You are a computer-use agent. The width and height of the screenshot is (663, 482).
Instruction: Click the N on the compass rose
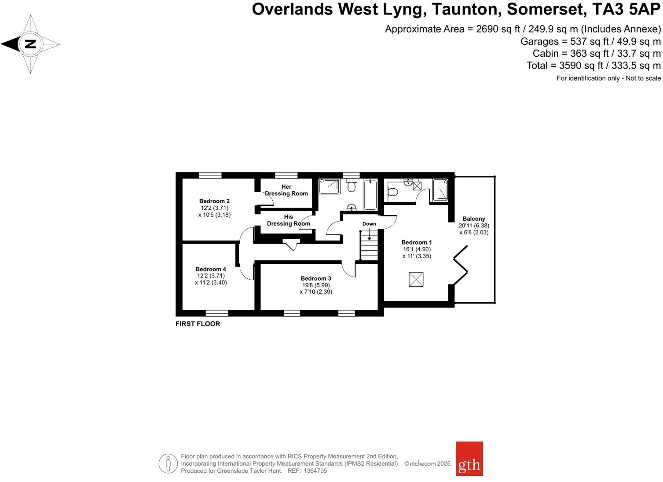tap(30, 44)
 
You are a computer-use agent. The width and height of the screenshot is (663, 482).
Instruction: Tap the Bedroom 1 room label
tap(416, 242)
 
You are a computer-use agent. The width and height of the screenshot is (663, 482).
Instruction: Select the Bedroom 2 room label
tap(214, 201)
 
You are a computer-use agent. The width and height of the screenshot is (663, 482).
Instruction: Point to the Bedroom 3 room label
tap(315, 278)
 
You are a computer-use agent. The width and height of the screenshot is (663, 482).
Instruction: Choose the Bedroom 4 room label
tap(211, 269)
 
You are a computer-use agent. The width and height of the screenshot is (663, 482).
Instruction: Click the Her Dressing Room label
tap(286, 190)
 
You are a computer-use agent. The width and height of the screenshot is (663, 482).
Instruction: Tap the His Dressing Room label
tap(288, 220)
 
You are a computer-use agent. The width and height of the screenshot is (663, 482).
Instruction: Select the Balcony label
tap(473, 219)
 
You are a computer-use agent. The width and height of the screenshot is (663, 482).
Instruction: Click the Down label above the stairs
tap(369, 224)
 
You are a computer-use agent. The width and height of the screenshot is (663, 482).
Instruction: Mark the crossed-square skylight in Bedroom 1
tap(416, 279)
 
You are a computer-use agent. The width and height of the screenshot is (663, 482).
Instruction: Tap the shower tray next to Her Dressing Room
tap(329, 186)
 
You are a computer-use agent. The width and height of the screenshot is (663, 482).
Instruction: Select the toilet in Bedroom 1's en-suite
tap(393, 192)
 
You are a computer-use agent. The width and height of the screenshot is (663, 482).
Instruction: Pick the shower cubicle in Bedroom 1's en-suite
tap(440, 190)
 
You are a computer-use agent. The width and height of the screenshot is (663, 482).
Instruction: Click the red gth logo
tap(469, 459)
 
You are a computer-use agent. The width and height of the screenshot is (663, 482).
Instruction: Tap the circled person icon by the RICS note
tap(168, 464)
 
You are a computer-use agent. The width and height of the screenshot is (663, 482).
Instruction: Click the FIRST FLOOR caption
tap(198, 324)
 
